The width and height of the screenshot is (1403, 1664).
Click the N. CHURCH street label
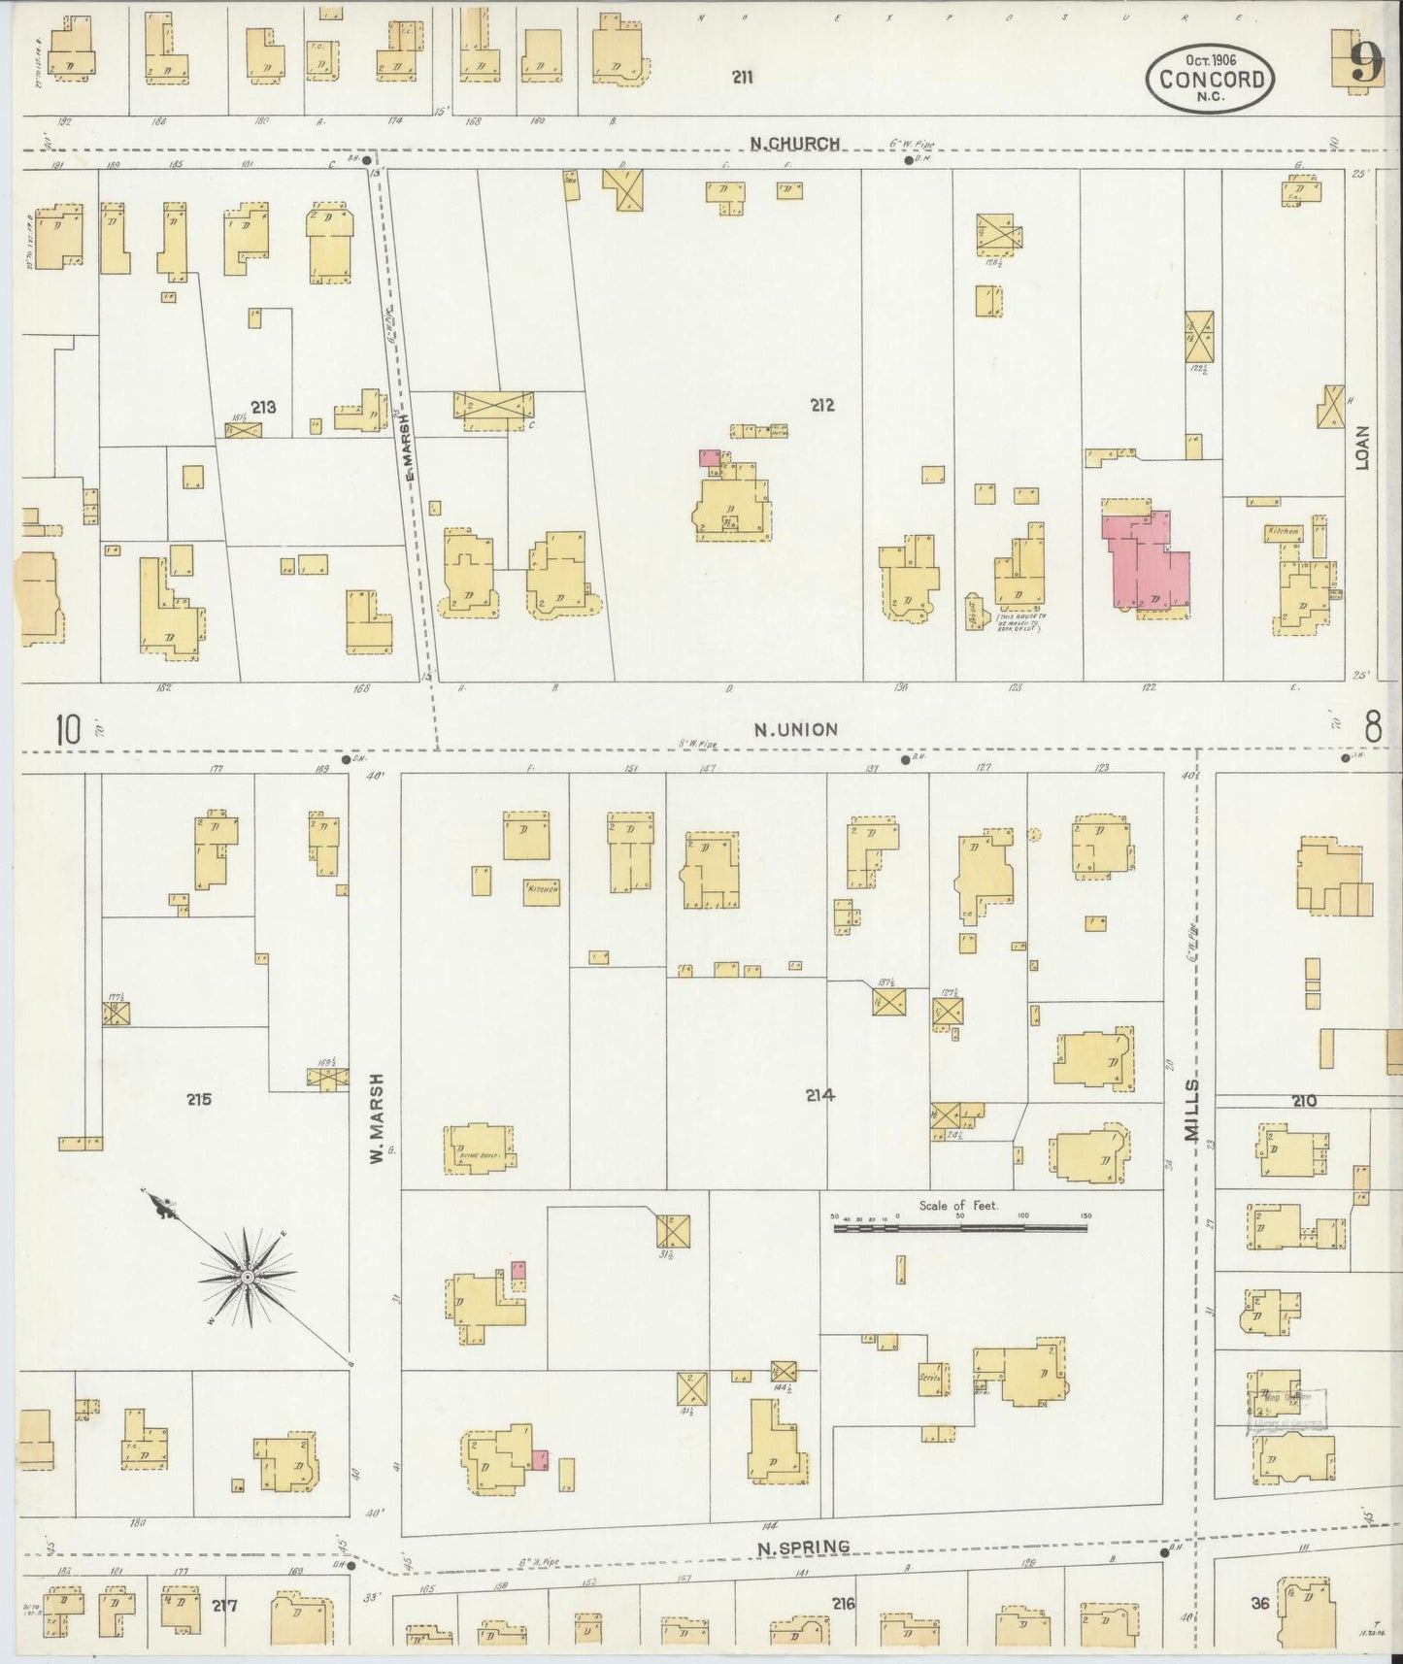click(x=794, y=144)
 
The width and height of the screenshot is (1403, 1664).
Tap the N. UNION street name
click(x=796, y=729)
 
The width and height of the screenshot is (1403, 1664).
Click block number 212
click(x=821, y=405)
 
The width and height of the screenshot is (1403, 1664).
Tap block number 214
click(x=819, y=1095)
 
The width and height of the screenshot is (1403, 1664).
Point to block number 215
click(x=199, y=1099)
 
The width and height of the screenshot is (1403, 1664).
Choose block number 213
click(x=263, y=407)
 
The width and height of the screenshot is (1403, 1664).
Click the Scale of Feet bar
click(x=959, y=1228)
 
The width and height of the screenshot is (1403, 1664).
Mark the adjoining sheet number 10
click(x=68, y=729)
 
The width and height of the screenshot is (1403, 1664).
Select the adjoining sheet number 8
click(x=1372, y=726)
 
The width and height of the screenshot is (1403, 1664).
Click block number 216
click(x=843, y=1604)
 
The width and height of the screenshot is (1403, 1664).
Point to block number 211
click(x=743, y=77)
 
